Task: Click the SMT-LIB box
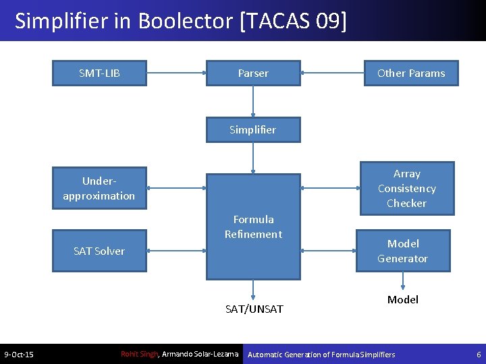tap(99, 73)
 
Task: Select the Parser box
tap(253, 73)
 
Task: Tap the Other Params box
tap(411, 73)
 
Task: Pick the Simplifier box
tap(253, 129)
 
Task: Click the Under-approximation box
tap(99, 188)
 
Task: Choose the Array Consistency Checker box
tap(406, 188)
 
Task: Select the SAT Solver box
tap(99, 251)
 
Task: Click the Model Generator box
tap(403, 251)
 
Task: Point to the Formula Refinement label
tap(253, 226)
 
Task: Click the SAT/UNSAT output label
tap(254, 309)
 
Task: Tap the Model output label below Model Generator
tap(403, 299)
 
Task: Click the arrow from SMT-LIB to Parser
tap(176, 73)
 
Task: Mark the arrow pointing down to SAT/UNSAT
tap(253, 289)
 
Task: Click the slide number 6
tap(479, 355)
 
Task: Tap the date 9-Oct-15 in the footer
tap(19, 355)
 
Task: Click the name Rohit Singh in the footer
tap(138, 354)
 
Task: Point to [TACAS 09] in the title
tap(293, 21)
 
